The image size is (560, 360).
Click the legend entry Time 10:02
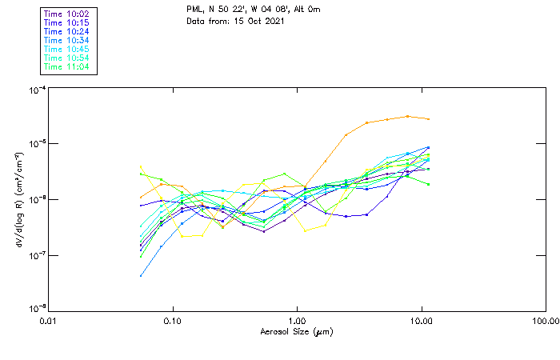(x=66, y=14)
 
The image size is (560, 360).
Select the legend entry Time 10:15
(x=66, y=22)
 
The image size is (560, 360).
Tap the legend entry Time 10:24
(x=66, y=31)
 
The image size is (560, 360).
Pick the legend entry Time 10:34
(x=66, y=40)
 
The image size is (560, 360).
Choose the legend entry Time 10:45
(x=66, y=49)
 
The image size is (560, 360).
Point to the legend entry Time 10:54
(x=66, y=58)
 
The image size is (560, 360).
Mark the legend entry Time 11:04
(x=66, y=66)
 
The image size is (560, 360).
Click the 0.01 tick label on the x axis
(x=49, y=321)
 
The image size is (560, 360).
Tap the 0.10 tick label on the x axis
(x=173, y=321)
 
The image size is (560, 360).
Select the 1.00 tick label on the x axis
(x=298, y=321)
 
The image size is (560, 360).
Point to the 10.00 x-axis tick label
(x=422, y=321)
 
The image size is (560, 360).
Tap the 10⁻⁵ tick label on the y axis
(x=36, y=145)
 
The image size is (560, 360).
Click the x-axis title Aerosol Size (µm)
(x=297, y=331)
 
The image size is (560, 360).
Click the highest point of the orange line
(x=408, y=116)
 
